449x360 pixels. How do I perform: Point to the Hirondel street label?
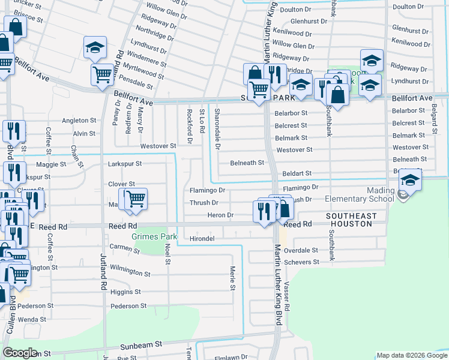tap(202, 238)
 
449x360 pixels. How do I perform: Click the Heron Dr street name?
tap(220, 215)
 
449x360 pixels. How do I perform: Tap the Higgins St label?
tap(125, 292)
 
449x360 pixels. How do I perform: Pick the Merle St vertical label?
tap(232, 278)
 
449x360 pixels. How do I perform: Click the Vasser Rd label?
tap(287, 297)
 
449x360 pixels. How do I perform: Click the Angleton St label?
tap(79, 121)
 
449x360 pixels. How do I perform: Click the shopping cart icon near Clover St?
tap(136, 198)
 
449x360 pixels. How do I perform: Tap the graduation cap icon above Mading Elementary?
tap(410, 178)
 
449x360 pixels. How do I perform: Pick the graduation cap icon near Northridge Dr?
tap(94, 47)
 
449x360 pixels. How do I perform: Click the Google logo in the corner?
tap(20, 353)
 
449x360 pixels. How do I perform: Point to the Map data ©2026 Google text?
tap(411, 355)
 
